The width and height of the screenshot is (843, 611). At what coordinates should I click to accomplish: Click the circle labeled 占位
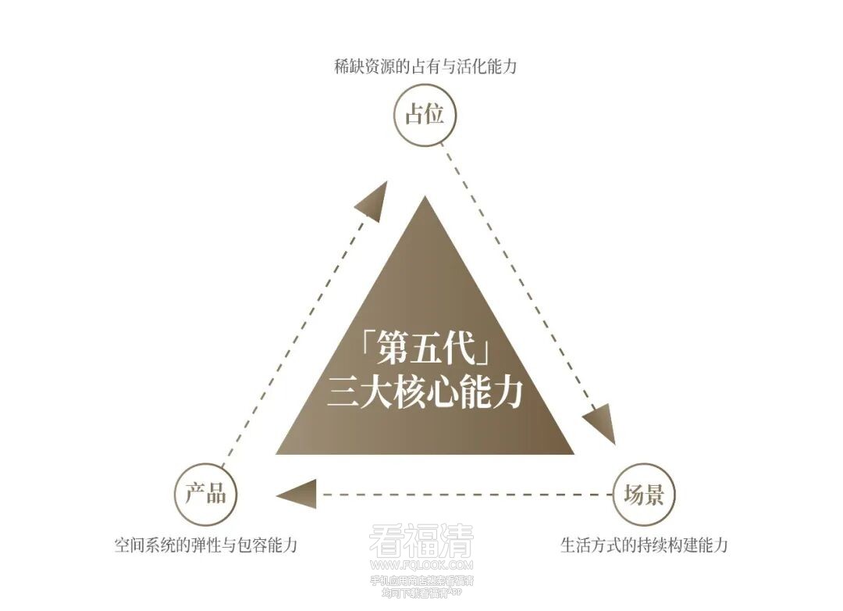click(x=424, y=116)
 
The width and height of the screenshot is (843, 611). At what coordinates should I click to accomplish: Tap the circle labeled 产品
click(x=205, y=493)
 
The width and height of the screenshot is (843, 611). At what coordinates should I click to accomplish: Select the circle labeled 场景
click(x=643, y=495)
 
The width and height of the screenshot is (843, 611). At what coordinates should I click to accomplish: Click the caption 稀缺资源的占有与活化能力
click(x=425, y=67)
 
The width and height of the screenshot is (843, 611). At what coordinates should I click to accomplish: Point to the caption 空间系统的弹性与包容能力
click(x=206, y=545)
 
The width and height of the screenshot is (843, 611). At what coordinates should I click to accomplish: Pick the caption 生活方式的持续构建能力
click(x=643, y=545)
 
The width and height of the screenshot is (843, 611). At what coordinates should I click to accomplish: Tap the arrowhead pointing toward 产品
click(x=297, y=494)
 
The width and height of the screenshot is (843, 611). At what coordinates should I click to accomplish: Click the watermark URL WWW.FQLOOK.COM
click(x=421, y=563)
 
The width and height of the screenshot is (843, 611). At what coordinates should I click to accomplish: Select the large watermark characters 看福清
click(x=421, y=540)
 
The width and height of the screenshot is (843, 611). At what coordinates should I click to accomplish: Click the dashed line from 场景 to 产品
click(x=468, y=494)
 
